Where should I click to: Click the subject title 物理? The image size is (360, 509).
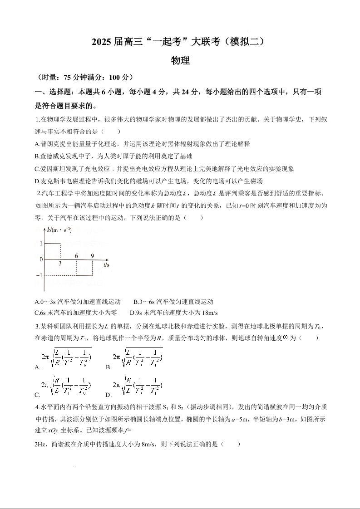coord(180,60)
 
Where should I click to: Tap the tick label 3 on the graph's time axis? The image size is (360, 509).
coord(60,264)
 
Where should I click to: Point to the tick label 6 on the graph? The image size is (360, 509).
coord(76,256)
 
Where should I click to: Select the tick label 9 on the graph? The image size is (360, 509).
coord(92,256)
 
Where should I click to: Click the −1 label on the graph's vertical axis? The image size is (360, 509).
coord(39,275)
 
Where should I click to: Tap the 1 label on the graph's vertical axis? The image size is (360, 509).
coord(41,244)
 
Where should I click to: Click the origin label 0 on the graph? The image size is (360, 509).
coord(41,259)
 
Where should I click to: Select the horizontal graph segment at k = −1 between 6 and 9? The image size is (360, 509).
coord(84,275)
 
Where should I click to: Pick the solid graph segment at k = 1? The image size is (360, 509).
coord(52,244)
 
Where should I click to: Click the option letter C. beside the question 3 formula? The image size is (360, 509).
coord(37,395)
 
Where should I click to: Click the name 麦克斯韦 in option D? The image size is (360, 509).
coord(54,181)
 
